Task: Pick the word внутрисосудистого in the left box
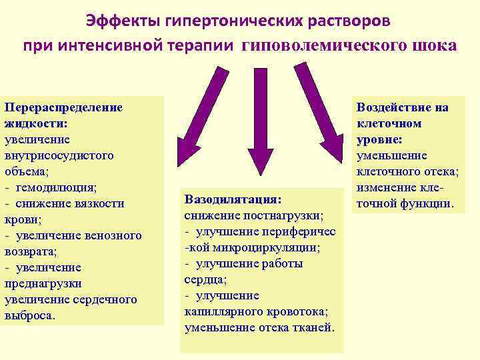tap(59, 155)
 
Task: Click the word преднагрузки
tap(43, 283)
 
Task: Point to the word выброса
tap(29, 315)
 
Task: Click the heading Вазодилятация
tap(233, 199)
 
